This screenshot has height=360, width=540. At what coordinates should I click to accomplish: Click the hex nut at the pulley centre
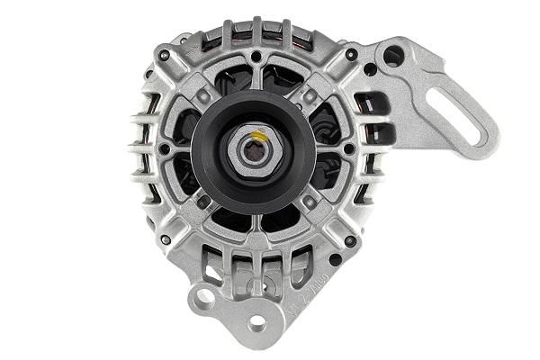coord(253,148)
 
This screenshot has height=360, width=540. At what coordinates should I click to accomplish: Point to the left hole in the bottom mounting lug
coord(206,296)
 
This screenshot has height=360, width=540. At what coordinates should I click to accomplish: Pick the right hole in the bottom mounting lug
coord(258,321)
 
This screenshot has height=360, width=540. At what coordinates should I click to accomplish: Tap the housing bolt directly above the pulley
coord(256,58)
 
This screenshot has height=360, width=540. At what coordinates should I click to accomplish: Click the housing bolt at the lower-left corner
coord(165,240)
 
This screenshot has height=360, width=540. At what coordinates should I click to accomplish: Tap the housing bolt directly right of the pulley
coord(349,148)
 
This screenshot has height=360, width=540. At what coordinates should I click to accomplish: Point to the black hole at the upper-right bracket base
coord(370,67)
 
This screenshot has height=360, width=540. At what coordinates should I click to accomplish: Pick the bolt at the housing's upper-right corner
coord(349,56)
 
